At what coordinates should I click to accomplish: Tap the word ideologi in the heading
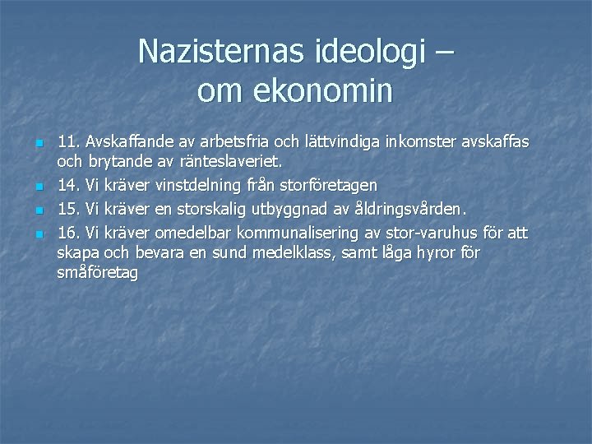coord(369,52)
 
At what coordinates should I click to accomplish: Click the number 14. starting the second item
coord(69,187)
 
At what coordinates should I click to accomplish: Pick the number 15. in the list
coord(69,210)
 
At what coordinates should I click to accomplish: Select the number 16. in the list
coord(69,232)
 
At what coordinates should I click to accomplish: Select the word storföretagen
coord(330,187)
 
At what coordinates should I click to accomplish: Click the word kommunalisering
coord(292,232)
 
